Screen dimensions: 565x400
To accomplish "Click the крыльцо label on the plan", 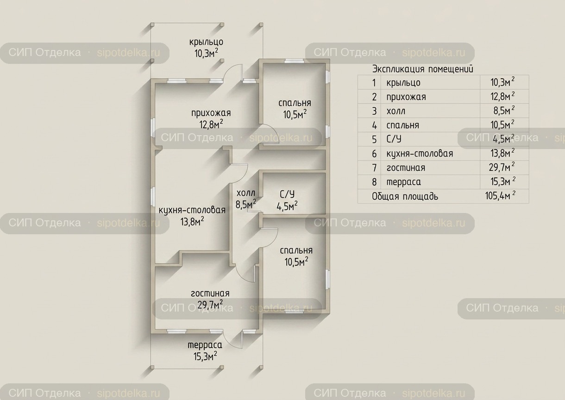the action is click(207, 42).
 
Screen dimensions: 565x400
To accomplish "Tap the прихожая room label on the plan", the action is click(211, 113).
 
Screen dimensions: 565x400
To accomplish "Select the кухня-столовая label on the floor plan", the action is click(192, 210).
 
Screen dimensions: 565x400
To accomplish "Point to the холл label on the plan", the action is click(245, 193).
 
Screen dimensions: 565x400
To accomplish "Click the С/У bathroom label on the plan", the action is click(287, 194).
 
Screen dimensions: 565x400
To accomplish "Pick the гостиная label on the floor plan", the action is click(210, 294).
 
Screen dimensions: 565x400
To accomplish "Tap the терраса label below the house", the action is click(205, 345).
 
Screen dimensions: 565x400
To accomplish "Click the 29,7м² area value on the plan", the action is click(210, 304).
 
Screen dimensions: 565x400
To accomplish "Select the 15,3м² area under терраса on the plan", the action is click(205, 356).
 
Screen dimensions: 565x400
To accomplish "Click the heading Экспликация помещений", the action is click(423, 69).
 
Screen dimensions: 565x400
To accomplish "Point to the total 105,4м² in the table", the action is click(500, 196).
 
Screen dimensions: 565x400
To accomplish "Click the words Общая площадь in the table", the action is click(405, 196).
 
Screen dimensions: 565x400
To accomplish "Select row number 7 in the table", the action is click(375, 168).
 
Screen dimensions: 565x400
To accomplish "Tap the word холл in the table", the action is click(396, 111).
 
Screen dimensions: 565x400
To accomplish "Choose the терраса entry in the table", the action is click(403, 182).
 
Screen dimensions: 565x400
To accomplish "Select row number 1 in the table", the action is click(374, 82).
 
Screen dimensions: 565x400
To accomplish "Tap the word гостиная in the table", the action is click(406, 168).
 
